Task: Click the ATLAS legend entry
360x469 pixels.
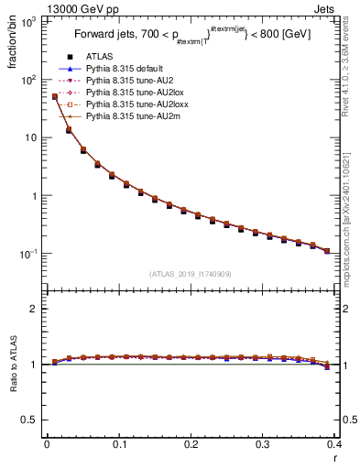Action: pos(99,56)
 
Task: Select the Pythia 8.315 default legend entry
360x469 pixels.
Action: pos(127,68)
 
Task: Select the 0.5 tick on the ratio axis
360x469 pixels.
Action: pos(32,420)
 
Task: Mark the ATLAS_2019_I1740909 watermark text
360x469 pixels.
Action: pos(191,274)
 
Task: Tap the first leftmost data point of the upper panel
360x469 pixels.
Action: pos(54,96)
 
